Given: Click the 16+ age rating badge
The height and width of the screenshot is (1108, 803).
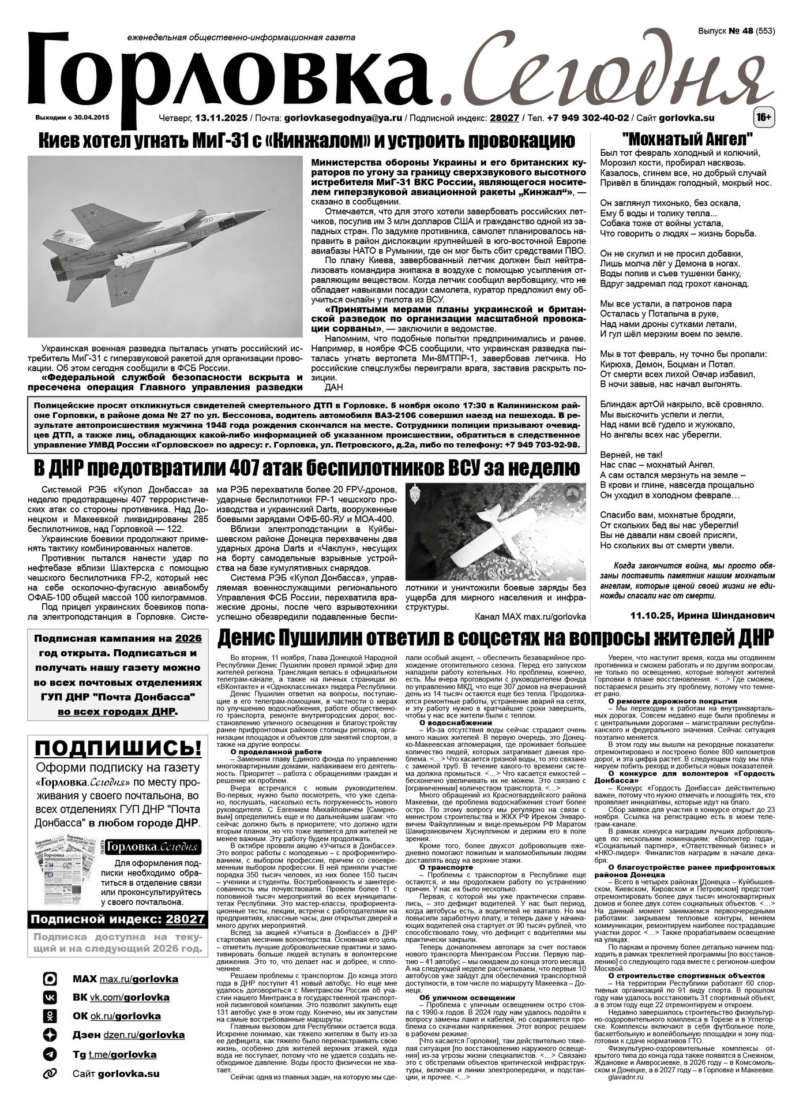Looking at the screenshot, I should (764, 118).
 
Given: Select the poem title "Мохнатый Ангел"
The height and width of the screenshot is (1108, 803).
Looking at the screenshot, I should (688, 140).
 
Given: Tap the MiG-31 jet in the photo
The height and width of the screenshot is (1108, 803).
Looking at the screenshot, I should (173, 242).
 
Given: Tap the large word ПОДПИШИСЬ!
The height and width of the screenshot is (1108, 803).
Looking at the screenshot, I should (118, 749).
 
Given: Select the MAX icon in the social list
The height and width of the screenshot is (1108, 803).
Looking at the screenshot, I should (50, 979).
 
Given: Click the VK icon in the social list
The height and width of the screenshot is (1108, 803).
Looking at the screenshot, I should (50, 997).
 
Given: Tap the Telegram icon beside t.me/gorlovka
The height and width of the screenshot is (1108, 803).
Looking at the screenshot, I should (50, 1054).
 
